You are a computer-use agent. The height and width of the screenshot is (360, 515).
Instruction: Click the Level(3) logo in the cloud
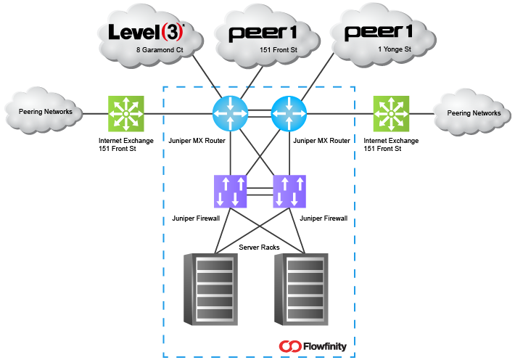146,31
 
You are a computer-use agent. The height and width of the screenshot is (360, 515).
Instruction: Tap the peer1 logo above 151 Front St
264,33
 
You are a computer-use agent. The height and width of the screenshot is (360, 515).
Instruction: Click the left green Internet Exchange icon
126,114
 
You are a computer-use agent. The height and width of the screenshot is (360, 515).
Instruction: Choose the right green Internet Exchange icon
392,114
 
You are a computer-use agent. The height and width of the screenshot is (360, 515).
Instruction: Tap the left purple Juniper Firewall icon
231,192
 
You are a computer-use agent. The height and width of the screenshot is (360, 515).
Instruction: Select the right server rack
302,290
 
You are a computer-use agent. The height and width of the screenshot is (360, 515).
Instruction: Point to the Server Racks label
259,247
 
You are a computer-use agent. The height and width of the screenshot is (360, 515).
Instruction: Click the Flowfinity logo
313,346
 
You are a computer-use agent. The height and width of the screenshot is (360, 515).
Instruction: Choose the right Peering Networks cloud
474,113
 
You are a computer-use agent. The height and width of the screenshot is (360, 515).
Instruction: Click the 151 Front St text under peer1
275,50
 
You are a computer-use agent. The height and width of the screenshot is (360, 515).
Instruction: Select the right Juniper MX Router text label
321,139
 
